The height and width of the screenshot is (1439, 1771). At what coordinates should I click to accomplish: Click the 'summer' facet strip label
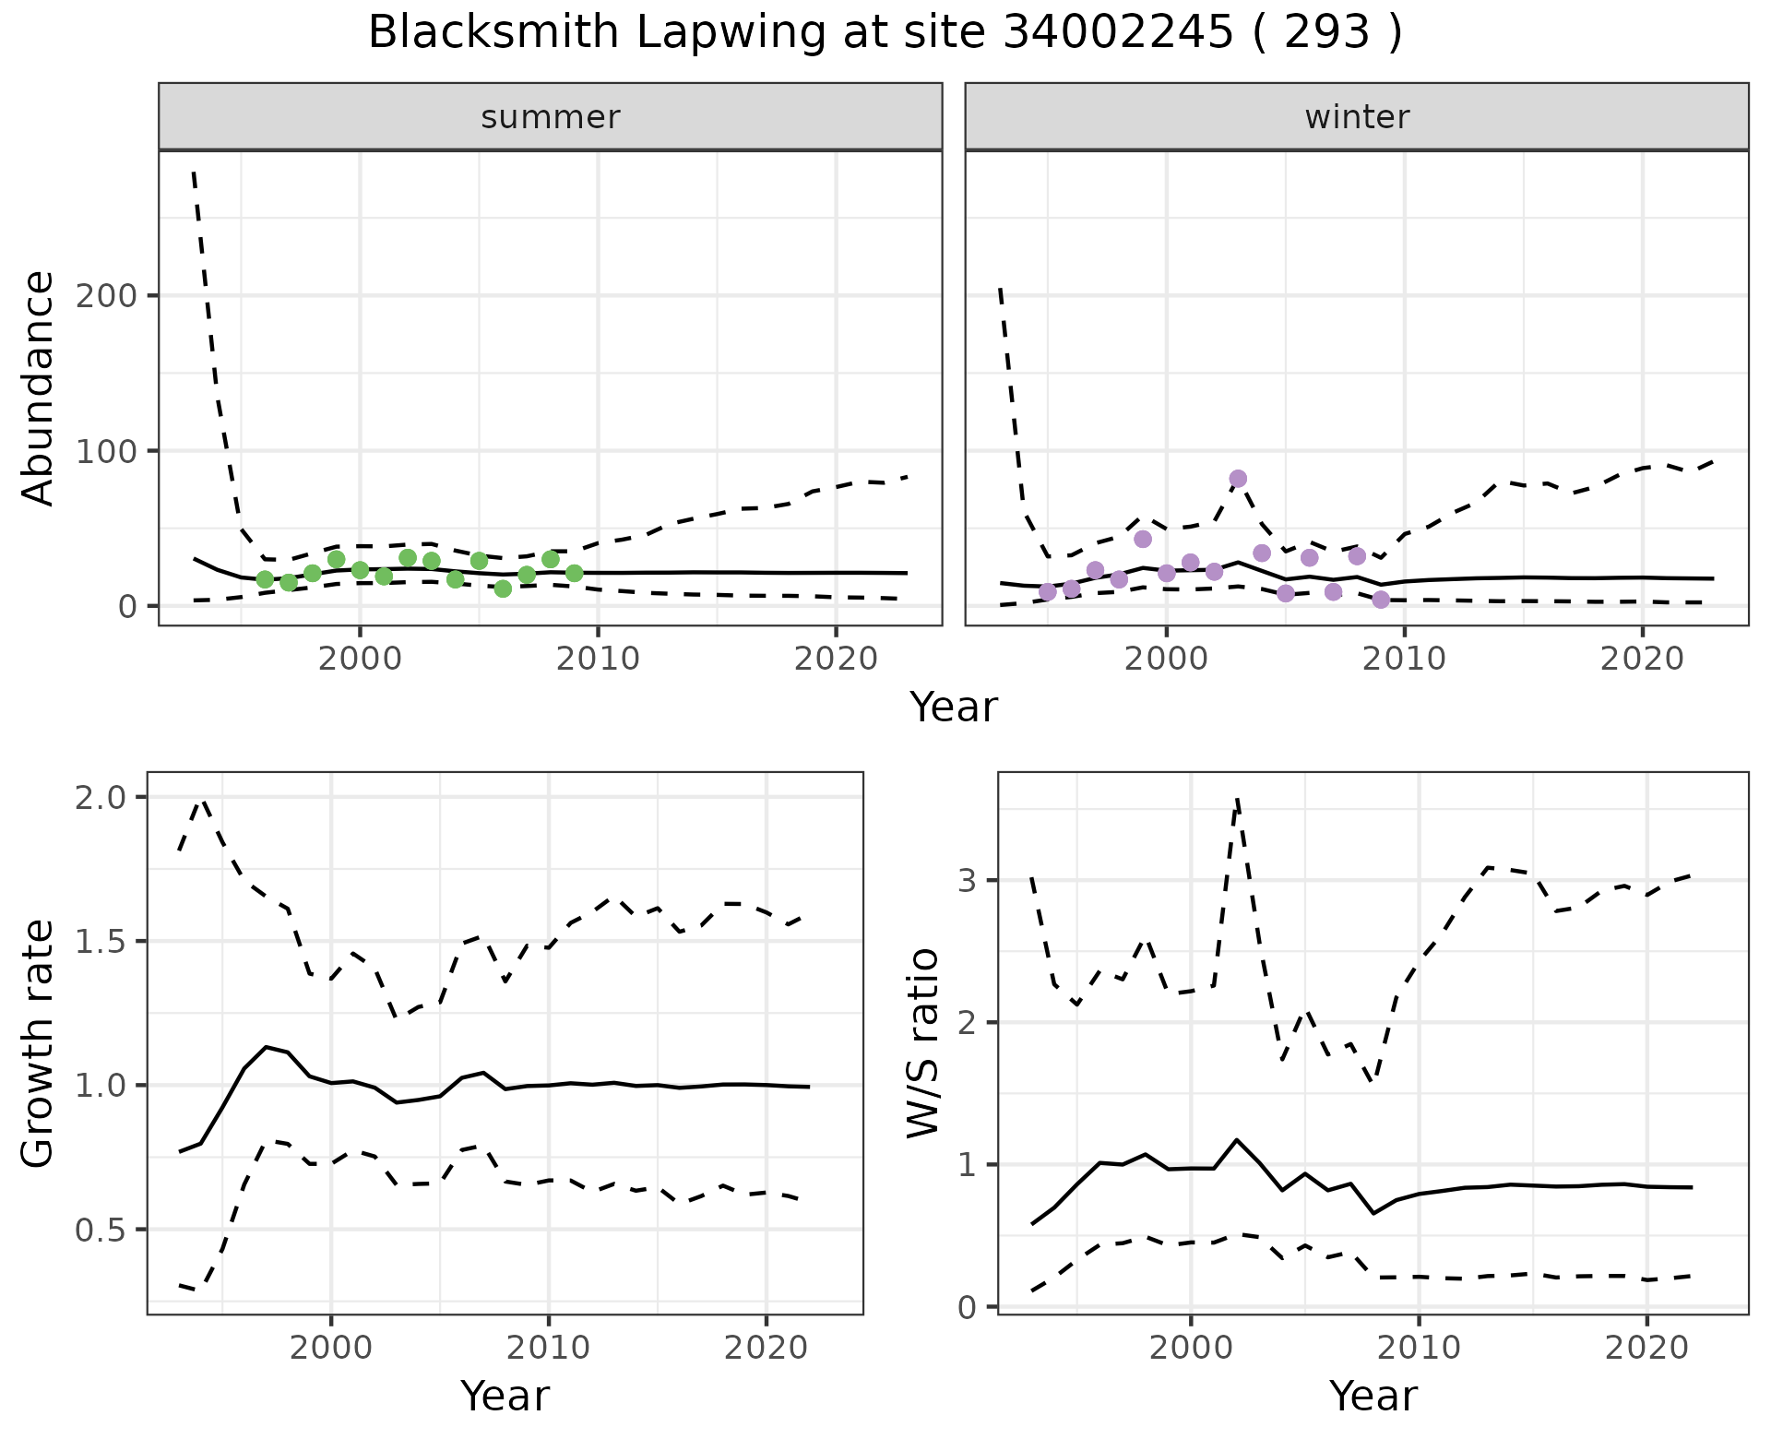tap(551, 117)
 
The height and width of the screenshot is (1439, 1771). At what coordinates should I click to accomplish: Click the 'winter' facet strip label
tap(1357, 117)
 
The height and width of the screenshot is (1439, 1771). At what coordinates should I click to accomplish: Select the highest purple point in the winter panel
tap(1238, 479)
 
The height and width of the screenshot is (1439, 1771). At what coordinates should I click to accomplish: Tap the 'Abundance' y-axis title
tap(39, 388)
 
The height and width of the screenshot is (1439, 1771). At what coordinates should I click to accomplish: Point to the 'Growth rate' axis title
tap(39, 1043)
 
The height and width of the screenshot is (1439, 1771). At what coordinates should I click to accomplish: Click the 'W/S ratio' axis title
tap(923, 1043)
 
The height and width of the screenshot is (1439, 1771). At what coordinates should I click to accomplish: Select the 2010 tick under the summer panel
tap(598, 660)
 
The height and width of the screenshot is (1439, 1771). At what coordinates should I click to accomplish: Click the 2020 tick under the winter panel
tap(1642, 660)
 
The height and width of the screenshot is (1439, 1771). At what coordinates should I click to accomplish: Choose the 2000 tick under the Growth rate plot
tap(331, 1348)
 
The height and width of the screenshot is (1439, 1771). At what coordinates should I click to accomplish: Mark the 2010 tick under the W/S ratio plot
tap(1419, 1348)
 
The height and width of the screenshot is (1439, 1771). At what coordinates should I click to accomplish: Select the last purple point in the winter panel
tap(1381, 600)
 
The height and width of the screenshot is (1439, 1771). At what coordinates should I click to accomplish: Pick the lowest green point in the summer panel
tap(503, 589)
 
